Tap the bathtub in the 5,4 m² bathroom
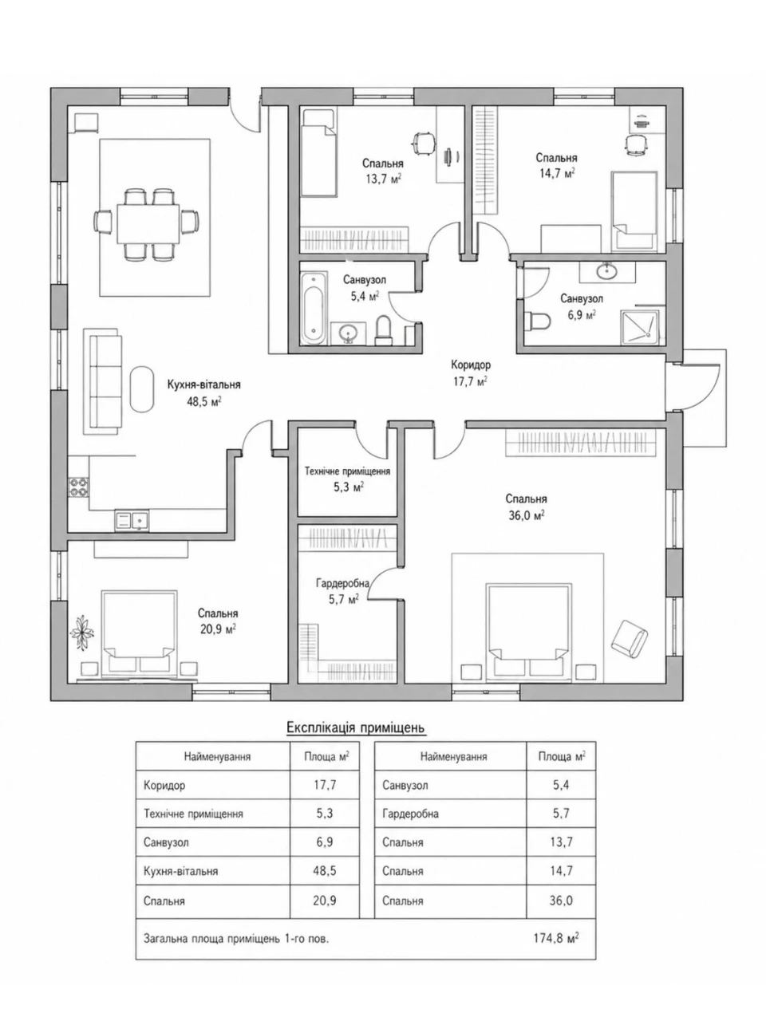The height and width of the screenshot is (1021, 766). click(x=314, y=309)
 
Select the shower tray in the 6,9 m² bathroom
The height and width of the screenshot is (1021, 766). click(x=639, y=328)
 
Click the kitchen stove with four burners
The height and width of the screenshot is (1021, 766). click(x=78, y=487)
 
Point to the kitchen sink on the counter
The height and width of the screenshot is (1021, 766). click(x=132, y=520)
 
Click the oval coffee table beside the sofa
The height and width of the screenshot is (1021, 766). click(x=141, y=389)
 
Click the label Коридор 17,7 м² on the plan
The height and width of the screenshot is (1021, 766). click(x=471, y=373)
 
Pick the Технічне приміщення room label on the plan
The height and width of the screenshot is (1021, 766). click(x=347, y=471)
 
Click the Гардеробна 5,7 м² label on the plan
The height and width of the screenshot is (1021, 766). click(x=343, y=591)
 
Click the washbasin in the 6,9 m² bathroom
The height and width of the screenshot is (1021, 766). click(x=607, y=270)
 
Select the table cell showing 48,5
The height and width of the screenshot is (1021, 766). click(x=325, y=871)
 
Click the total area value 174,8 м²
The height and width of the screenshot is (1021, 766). click(x=556, y=938)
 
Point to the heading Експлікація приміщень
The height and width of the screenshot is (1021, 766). click(x=356, y=727)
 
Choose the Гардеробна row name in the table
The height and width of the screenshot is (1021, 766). click(x=410, y=814)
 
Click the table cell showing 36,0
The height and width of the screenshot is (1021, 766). click(x=561, y=901)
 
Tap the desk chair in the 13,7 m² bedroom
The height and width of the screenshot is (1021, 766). click(x=424, y=142)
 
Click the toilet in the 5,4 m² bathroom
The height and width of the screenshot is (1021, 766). click(x=384, y=331)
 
